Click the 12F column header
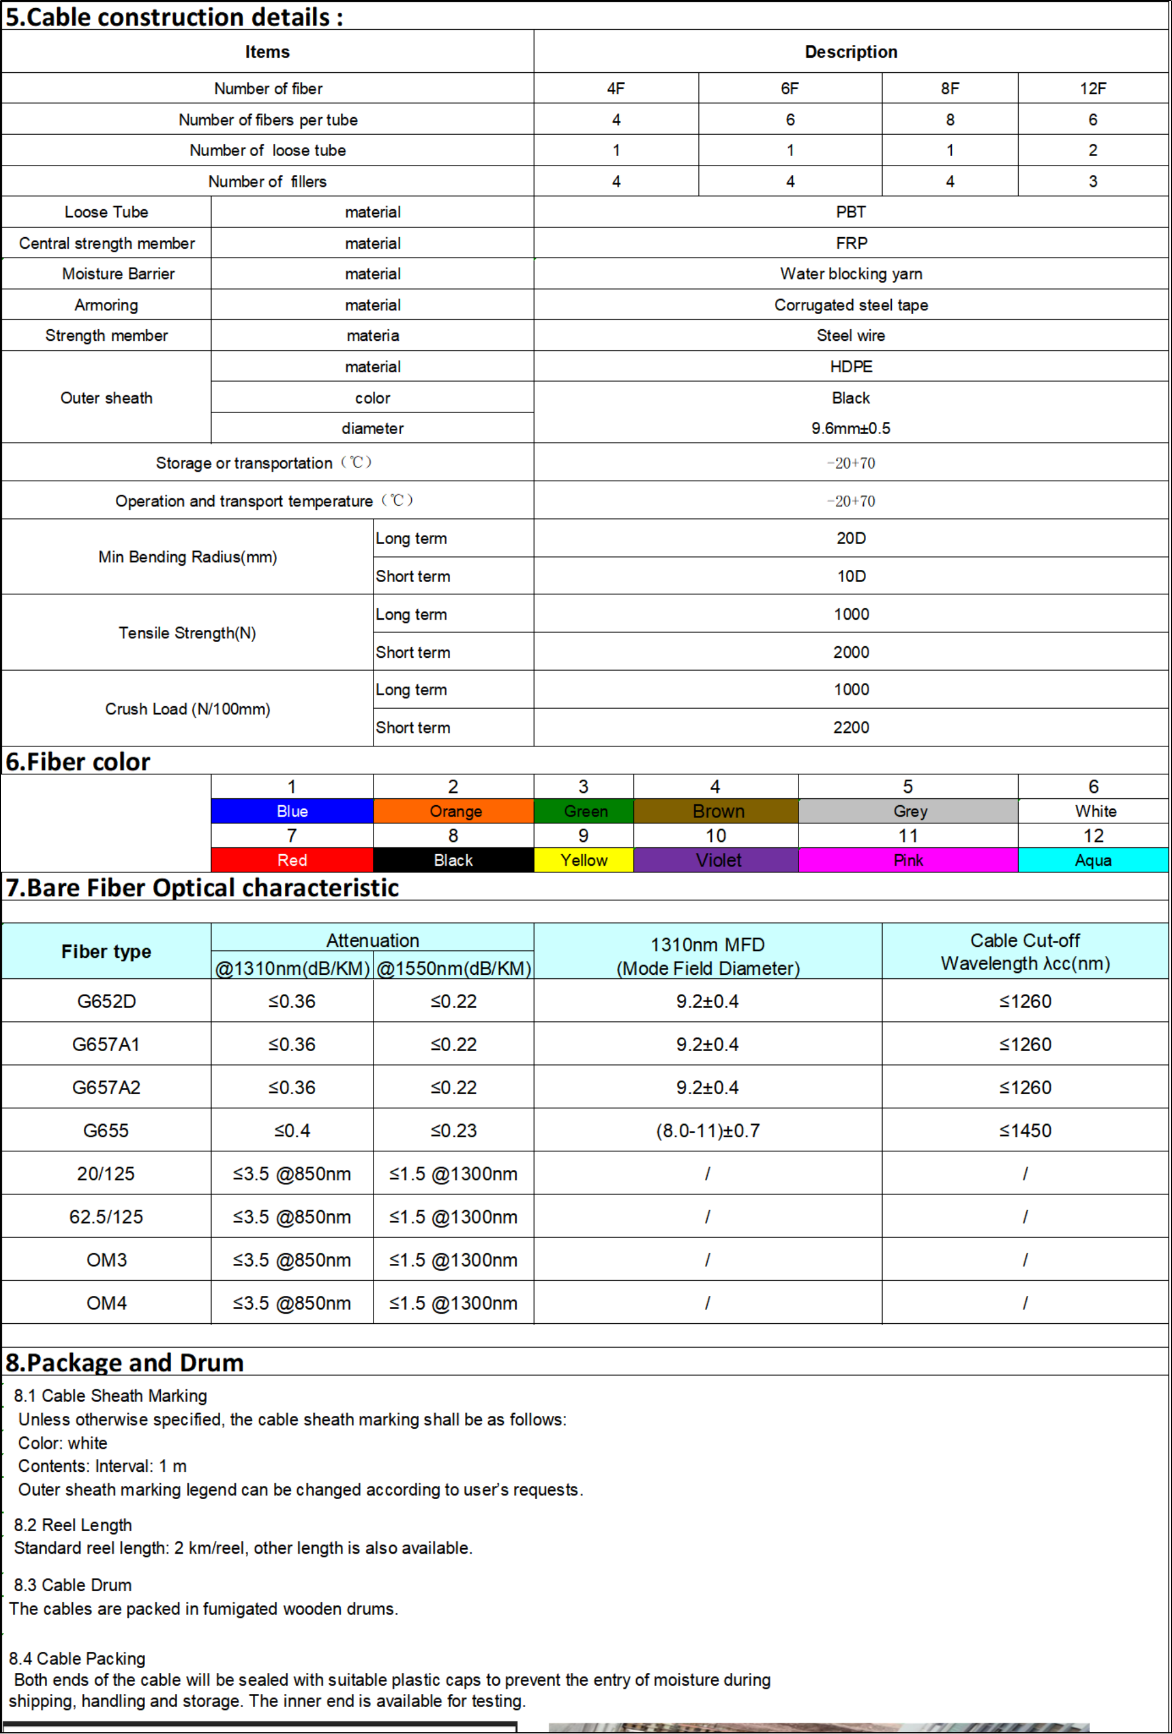coord(1092,89)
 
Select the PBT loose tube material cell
coord(850,212)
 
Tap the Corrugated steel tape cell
coord(850,304)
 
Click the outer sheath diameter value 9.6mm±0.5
coord(850,428)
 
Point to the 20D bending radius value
coord(850,538)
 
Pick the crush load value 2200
coord(850,728)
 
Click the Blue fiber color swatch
coord(292,811)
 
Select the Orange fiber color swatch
coord(454,811)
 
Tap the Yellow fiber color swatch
coord(584,860)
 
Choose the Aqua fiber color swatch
coord(1092,860)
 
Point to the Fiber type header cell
coord(106,951)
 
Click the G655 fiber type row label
coord(106,1130)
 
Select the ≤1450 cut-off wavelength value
coord(1025,1130)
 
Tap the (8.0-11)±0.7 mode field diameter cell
coord(707,1130)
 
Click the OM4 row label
coord(106,1303)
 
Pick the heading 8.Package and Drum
coord(125,1362)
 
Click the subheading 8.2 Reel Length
coord(72,1525)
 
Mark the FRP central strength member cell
coord(850,243)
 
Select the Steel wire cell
coord(850,336)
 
